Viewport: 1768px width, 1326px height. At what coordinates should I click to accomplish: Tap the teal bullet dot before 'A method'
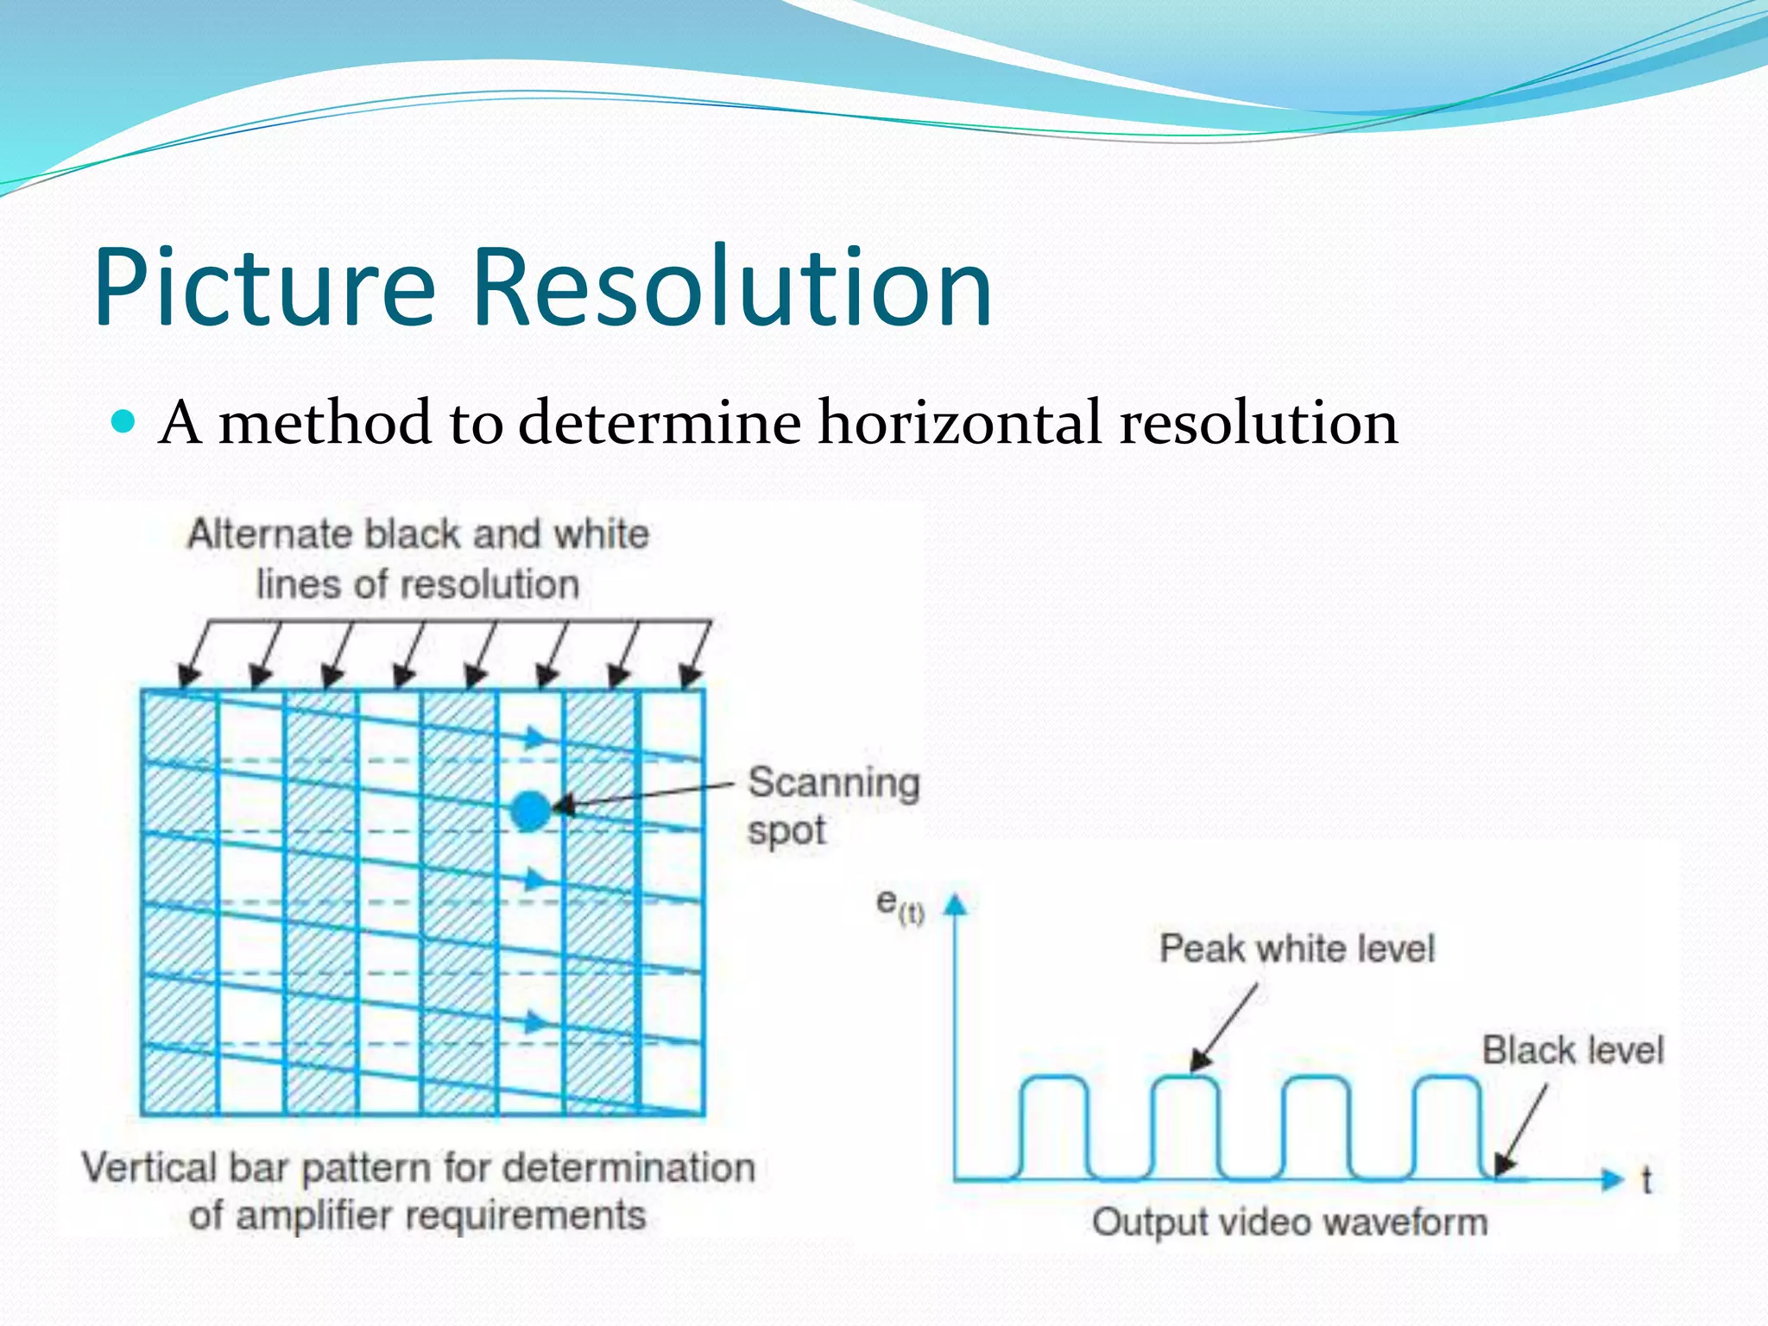pos(124,422)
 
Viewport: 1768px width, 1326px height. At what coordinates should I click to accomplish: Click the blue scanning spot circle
pos(530,811)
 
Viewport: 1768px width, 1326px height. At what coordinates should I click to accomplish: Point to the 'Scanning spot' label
pos(831,805)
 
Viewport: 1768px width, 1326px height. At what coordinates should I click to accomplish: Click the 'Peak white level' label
pos(1296,949)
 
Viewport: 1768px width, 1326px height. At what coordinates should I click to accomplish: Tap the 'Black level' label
pos(1572,1051)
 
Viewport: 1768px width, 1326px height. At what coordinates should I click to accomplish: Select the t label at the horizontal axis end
pos(1646,1180)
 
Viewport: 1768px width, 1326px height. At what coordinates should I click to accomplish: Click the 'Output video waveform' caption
pos(1290,1222)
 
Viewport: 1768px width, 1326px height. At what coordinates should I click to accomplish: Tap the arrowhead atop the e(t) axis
pos(955,904)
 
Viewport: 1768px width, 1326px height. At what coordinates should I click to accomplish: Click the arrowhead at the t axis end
pos(1612,1178)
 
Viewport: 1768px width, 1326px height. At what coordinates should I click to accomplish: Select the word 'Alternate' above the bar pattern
pos(271,534)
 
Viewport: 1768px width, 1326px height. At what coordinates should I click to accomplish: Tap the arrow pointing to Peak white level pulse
pos(1224,1027)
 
